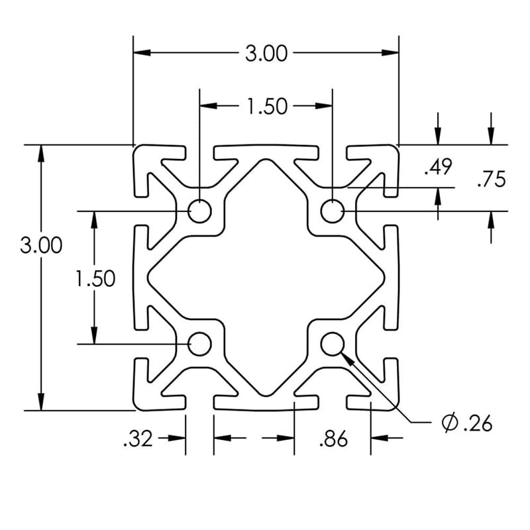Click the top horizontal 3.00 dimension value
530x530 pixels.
point(266,53)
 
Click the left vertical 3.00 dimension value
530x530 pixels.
point(41,245)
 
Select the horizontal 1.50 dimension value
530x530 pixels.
point(267,106)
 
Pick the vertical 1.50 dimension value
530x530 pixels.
point(95,278)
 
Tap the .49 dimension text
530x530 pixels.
point(438,167)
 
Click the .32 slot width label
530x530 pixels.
point(138,439)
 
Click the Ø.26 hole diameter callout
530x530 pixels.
point(467,423)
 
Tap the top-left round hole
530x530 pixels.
point(199,211)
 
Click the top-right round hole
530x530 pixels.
point(332,211)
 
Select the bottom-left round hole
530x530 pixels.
point(199,344)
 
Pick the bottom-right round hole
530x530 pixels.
point(332,344)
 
